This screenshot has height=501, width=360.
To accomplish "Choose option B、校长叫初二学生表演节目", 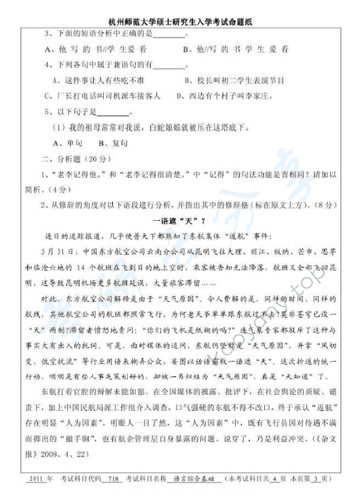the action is (x=234, y=80).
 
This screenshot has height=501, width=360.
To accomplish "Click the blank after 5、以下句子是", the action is (x=112, y=113).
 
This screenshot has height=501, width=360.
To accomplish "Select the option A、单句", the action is (x=68, y=143).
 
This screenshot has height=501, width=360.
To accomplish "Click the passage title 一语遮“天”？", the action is (x=178, y=221).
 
